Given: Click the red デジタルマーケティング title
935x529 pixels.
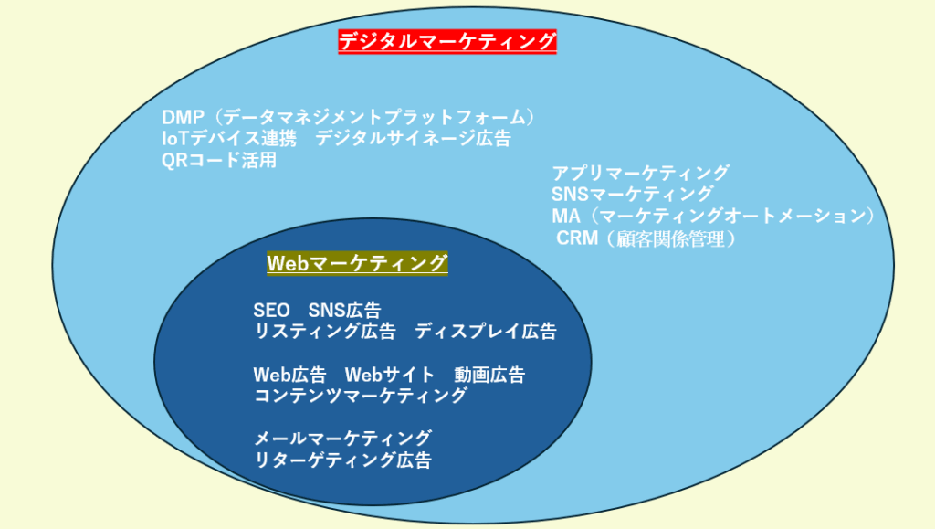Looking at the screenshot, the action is coord(447,42).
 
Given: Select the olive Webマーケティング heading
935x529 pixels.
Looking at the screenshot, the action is coord(357,263).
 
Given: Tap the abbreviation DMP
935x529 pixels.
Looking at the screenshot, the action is coord(183,118).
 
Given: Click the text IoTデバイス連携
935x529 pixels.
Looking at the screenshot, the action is coord(229,138).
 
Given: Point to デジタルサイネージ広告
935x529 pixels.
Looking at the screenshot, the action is coord(414,138).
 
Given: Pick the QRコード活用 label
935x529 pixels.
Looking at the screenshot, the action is coord(219,160).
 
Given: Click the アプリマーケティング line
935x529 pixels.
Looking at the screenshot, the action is coord(640,173).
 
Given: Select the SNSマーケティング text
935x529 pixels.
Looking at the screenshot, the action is coord(632,194).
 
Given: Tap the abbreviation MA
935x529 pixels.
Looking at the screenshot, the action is coord(566,216).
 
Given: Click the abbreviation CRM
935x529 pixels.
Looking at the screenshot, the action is coord(577,238).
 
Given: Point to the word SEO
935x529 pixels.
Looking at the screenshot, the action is coord(271,310).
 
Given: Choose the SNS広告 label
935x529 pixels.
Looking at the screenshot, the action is coord(344,310).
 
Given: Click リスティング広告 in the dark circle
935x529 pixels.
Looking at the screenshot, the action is coord(325,331).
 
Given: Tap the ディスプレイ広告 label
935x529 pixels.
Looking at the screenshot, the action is coord(486,331).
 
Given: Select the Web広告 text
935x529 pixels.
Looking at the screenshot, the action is coord(289,375).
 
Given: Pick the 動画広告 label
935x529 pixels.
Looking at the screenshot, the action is coord(489,375).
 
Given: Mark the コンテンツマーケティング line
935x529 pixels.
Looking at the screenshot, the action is coord(360,396).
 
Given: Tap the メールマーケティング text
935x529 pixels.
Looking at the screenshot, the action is coord(342,439).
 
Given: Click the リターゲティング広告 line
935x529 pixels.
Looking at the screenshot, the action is coord(342,460).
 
